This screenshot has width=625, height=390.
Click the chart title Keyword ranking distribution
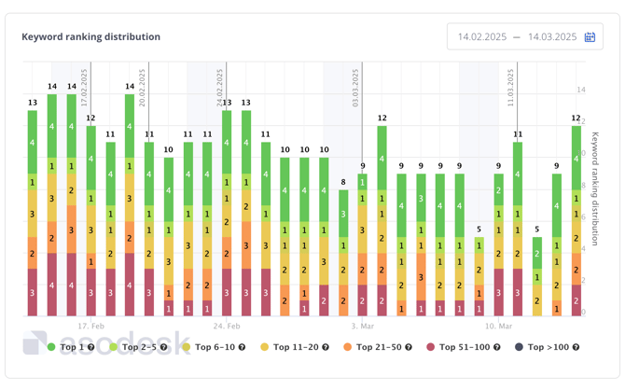tap(91, 37)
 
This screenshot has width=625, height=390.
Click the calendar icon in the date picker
tap(590, 37)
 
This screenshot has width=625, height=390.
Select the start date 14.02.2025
tap(481, 37)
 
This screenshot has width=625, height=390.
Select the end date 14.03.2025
tap(552, 37)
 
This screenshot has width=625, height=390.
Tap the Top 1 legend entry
tap(71, 347)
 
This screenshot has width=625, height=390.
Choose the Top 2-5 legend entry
tap(139, 347)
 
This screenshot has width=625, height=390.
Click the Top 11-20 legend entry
tap(294, 347)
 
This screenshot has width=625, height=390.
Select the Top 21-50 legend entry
tap(378, 347)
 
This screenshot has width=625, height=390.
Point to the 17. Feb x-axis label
tap(91, 327)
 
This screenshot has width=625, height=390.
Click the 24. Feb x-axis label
tap(227, 327)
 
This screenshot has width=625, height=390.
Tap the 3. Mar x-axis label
tap(364, 327)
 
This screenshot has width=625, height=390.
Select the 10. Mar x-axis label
tap(499, 327)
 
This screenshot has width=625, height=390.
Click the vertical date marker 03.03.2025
tap(357, 89)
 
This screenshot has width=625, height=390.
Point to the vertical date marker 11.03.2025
tap(512, 89)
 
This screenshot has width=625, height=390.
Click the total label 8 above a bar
tap(343, 182)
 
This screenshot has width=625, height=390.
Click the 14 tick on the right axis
tap(581, 91)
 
